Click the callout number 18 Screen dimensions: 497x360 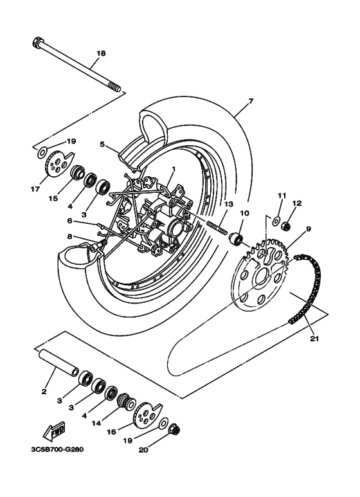click(x=100, y=53)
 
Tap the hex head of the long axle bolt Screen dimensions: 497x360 click(x=37, y=44)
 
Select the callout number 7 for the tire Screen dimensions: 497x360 click(x=251, y=101)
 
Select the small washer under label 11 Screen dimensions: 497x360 click(x=275, y=222)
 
